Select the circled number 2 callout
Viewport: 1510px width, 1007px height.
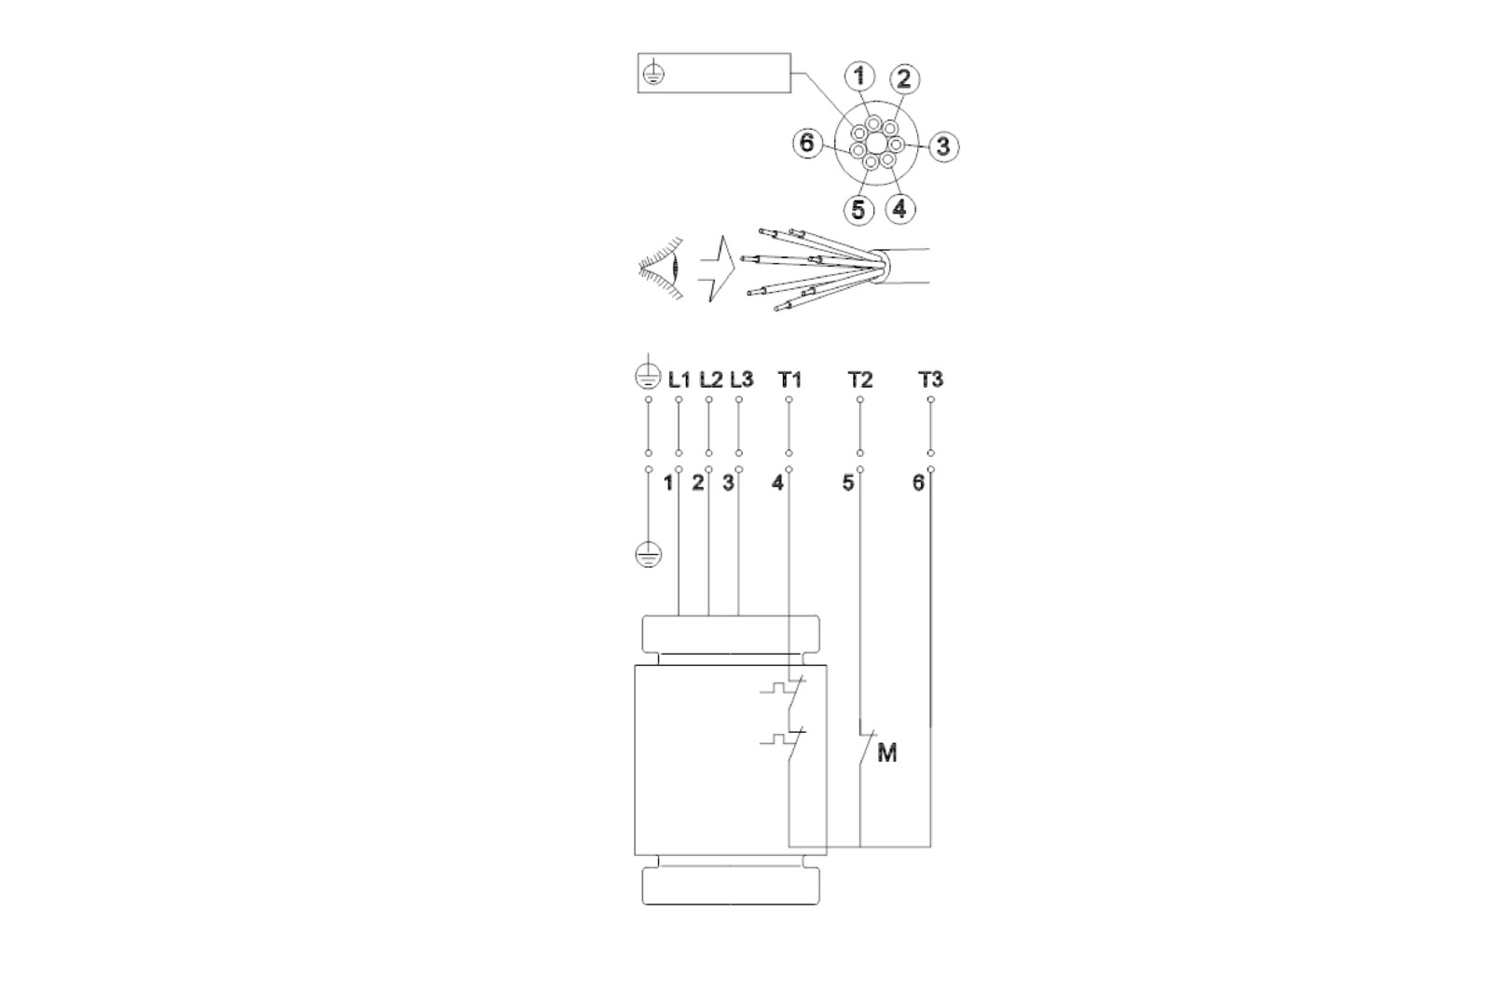coord(904,78)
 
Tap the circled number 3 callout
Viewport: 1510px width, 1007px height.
coord(943,145)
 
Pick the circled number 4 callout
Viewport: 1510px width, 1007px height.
coord(899,209)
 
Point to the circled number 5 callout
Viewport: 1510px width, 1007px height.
coord(858,209)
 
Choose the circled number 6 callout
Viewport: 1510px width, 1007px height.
coord(807,143)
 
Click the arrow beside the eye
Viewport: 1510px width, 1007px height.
coord(717,269)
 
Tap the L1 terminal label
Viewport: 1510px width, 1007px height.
coord(679,380)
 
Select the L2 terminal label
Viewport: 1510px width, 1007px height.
coord(710,380)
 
